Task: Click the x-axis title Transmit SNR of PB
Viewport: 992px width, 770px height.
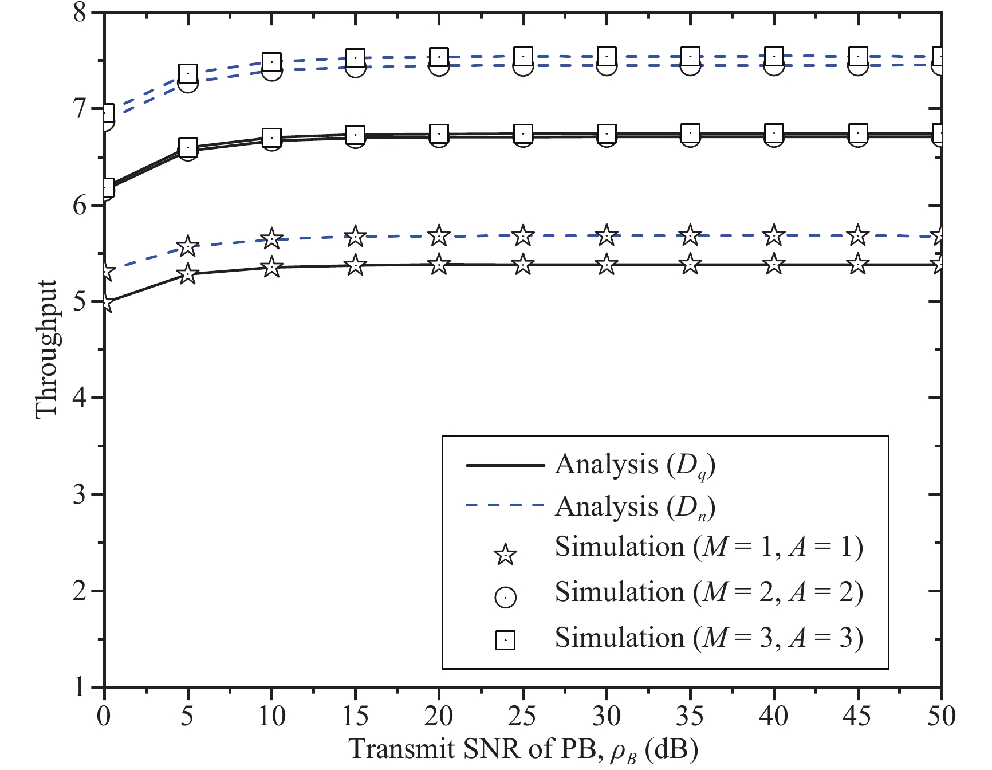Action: (523, 749)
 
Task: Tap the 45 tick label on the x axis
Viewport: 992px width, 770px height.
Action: (858, 716)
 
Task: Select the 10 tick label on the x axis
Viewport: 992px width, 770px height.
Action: (271, 716)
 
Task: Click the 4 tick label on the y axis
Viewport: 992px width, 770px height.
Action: (80, 398)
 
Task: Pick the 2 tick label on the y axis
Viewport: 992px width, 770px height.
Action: (80, 591)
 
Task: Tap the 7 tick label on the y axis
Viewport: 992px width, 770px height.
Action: (80, 108)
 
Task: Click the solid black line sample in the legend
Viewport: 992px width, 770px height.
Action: (505, 465)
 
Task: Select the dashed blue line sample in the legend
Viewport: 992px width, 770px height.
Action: (505, 505)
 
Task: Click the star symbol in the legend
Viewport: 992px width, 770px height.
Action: (505, 555)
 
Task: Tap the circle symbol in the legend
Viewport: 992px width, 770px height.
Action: (505, 597)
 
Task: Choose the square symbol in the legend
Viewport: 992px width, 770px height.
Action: (505, 639)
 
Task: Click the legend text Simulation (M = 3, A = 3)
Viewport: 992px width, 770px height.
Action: (708, 638)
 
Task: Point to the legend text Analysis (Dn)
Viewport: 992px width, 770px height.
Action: (635, 507)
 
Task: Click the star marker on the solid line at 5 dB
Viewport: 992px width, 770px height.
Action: (188, 274)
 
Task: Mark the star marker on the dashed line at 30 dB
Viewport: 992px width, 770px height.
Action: (607, 235)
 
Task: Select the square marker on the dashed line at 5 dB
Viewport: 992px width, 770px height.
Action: (188, 73)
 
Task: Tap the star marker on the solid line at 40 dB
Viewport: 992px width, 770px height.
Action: (774, 265)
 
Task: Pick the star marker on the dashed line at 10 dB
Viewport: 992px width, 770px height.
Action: (271, 239)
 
